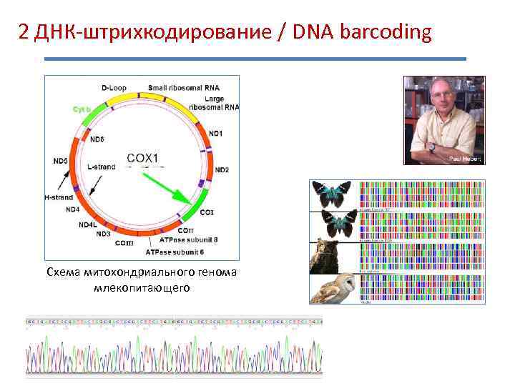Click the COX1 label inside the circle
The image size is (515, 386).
tap(143, 158)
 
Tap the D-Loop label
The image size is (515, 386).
tap(114, 87)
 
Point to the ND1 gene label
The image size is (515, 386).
tap(215, 133)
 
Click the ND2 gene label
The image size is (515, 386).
tap(222, 169)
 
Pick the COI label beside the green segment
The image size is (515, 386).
tap(207, 212)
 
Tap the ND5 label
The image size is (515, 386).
tap(61, 161)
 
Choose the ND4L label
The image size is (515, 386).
tap(87, 224)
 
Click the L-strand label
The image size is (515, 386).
tap(102, 167)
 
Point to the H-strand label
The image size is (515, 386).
tap(58, 196)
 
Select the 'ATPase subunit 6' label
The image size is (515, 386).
tap(175, 252)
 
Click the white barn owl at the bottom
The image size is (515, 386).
tap(333, 289)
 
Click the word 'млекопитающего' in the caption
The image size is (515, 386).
tap(141, 287)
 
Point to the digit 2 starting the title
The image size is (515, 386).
tap(24, 33)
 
